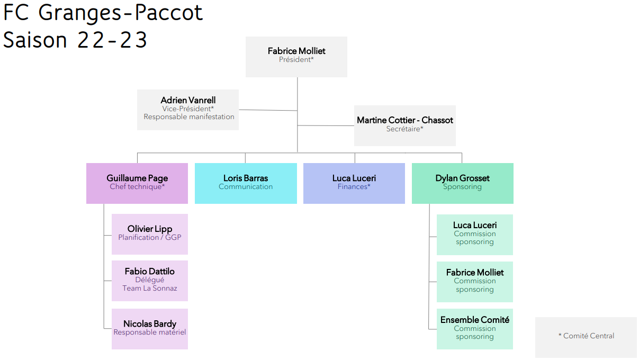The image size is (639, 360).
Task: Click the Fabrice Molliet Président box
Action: [x=296, y=57]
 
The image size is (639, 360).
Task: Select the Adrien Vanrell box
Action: [x=188, y=110]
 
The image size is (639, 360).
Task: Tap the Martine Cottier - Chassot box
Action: [x=405, y=126]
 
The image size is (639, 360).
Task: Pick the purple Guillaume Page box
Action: [x=137, y=183]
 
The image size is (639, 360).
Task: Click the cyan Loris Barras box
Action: [x=246, y=183]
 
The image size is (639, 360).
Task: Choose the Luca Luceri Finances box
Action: [x=354, y=183]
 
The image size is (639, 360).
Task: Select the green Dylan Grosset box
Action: [x=462, y=183]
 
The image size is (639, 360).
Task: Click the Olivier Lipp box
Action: [x=150, y=234]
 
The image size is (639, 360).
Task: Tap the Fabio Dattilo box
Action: [x=150, y=281]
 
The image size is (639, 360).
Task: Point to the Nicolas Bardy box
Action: [x=150, y=329]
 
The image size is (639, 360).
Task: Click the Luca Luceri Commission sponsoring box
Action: [x=475, y=235]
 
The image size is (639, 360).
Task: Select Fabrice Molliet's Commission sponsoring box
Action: [x=475, y=282]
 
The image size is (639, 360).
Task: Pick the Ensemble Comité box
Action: [x=475, y=329]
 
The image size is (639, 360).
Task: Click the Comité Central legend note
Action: [x=586, y=337]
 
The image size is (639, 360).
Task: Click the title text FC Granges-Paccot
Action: [x=103, y=13]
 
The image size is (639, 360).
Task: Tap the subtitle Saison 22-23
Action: [x=75, y=39]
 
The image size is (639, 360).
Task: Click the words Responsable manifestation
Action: [x=189, y=116]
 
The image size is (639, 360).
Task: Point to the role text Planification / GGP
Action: [x=150, y=237]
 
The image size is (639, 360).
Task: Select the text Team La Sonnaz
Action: [x=150, y=288]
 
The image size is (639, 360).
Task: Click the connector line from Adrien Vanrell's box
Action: [x=268, y=110]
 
